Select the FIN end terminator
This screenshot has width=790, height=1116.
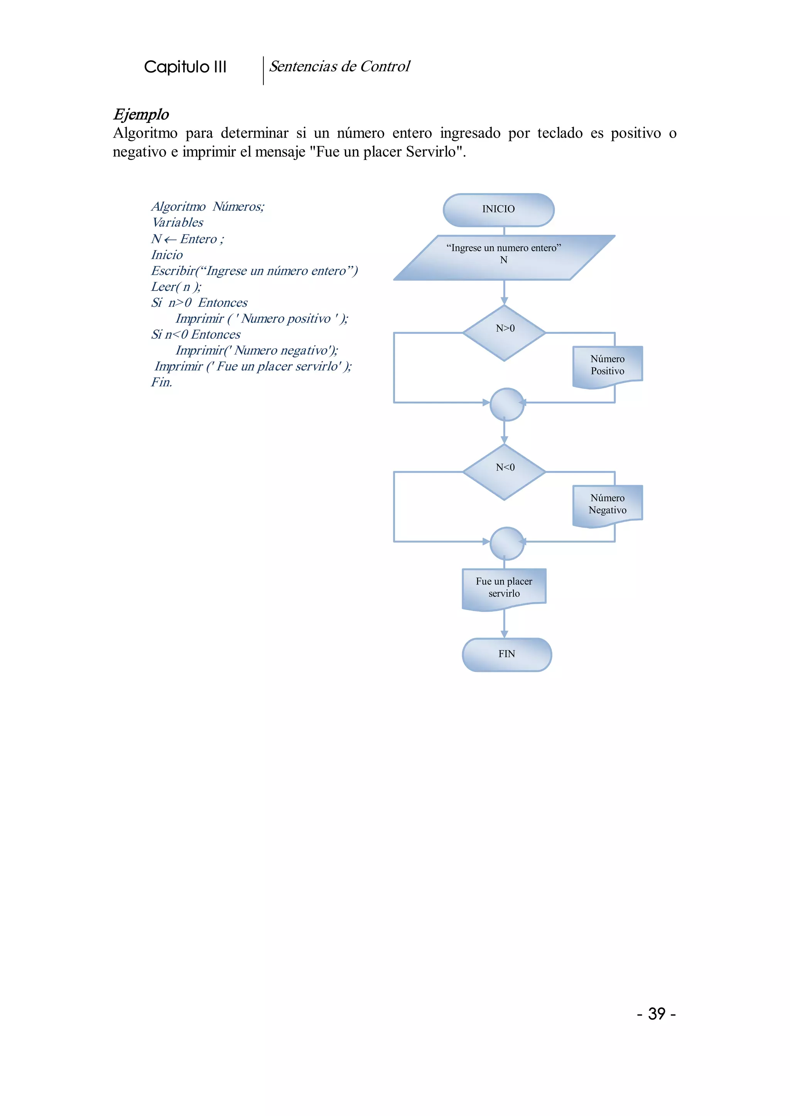pyautogui.click(x=506, y=654)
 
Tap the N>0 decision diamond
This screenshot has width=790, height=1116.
pyautogui.click(x=505, y=333)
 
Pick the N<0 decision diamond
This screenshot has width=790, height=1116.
pyautogui.click(x=505, y=471)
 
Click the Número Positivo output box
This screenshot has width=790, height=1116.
pyautogui.click(x=608, y=366)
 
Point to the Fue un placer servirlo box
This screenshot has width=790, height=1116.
pyautogui.click(x=504, y=588)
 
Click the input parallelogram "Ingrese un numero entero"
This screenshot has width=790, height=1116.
pyautogui.click(x=504, y=258)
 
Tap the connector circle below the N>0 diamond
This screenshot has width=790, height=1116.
pyautogui.click(x=506, y=404)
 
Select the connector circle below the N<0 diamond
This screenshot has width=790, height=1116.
pyautogui.click(x=506, y=543)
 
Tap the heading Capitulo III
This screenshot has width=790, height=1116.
pyautogui.click(x=185, y=67)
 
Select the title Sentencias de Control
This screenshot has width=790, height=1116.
pyautogui.click(x=339, y=67)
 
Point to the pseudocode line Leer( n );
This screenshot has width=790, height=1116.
pyautogui.click(x=176, y=287)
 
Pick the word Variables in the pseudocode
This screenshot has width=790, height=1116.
pyautogui.click(x=177, y=223)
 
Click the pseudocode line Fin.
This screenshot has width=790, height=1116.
pyautogui.click(x=162, y=383)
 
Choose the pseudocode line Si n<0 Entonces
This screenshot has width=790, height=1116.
pyautogui.click(x=196, y=334)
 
